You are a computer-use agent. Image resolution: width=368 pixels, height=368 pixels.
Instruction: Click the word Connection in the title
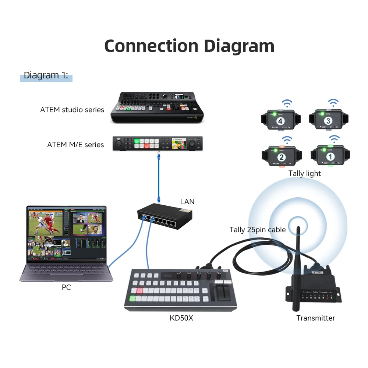pos(151,46)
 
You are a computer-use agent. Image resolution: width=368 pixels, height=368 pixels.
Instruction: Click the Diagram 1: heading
pos(46,76)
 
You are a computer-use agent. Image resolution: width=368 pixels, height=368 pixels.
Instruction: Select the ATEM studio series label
pos(72,110)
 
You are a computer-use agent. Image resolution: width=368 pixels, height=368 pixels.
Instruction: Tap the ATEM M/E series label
pos(75,145)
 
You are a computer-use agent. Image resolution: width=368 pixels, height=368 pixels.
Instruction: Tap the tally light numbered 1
pos(329,156)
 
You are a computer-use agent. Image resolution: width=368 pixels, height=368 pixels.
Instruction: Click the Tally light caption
pos(305,173)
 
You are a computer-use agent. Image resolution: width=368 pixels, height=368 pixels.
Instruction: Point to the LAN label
pos(187,202)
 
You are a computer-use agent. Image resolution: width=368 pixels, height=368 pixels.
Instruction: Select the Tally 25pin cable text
pos(258,230)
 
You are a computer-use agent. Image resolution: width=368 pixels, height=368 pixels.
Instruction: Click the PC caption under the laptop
pos(66,287)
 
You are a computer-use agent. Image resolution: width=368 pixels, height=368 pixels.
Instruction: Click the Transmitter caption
pos(316,318)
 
